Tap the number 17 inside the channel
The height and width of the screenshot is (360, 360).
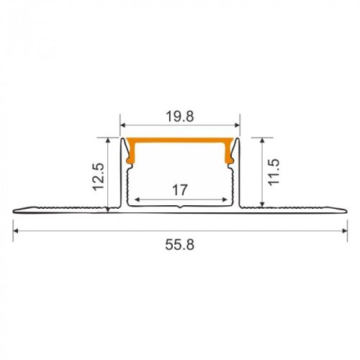[180, 190]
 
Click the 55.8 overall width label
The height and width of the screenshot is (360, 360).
[180, 244]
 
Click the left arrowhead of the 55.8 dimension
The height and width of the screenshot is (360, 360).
[17, 230]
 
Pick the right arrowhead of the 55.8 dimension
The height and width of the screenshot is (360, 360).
[341, 230]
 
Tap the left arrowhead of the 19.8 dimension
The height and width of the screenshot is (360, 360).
[123, 123]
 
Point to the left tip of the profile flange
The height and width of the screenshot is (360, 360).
[14, 211]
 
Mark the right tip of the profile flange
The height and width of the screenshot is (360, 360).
[345, 211]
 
